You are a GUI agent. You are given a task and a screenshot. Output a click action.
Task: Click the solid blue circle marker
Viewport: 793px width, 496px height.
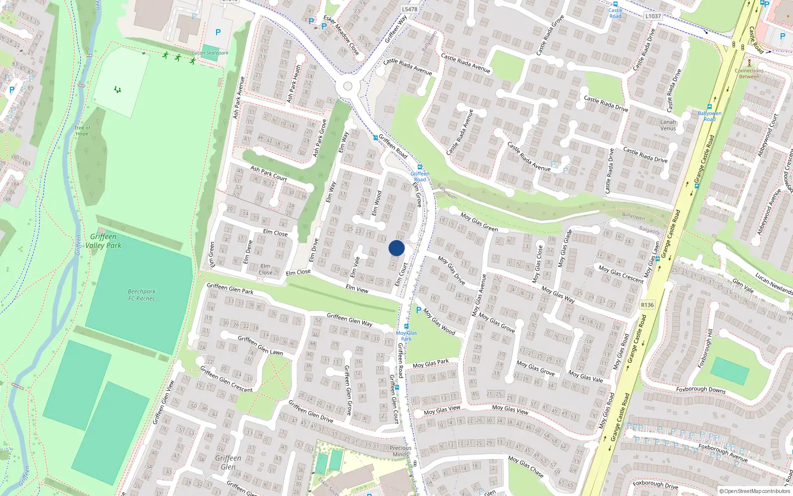(x=396, y=248)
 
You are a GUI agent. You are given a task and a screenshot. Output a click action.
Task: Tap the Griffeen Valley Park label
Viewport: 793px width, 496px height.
(x=103, y=241)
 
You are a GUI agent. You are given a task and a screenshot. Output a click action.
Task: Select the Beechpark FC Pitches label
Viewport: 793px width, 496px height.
(x=141, y=295)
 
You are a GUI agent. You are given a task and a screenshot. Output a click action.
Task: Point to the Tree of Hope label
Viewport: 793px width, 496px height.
(x=82, y=130)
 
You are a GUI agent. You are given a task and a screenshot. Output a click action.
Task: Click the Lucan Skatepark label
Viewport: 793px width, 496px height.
(x=210, y=53)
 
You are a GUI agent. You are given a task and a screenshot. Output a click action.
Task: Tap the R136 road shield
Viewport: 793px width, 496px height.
(x=647, y=305)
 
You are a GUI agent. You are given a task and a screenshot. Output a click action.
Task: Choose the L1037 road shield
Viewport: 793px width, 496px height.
(x=653, y=16)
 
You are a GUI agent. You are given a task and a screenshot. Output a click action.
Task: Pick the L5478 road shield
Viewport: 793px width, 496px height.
(x=409, y=9)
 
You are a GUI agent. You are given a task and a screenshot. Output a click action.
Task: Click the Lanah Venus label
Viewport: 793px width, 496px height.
(x=668, y=125)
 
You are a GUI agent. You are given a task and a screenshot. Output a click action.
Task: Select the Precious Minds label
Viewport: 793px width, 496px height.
(x=400, y=451)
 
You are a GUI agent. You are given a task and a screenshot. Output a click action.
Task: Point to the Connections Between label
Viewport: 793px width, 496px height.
(x=749, y=73)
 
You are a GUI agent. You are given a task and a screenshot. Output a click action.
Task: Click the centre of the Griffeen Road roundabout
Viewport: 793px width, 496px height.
(x=347, y=86)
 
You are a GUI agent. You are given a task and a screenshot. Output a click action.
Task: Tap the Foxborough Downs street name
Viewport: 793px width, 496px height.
(x=701, y=390)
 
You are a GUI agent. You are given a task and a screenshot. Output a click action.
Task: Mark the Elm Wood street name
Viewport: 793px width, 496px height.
(x=377, y=203)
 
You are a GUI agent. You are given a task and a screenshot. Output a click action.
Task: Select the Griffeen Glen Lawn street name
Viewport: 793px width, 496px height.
(x=260, y=345)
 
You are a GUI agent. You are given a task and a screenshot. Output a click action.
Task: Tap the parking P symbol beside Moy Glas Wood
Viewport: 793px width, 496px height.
(x=419, y=310)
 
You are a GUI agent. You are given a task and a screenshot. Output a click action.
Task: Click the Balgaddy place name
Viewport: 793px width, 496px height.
(x=650, y=231)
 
